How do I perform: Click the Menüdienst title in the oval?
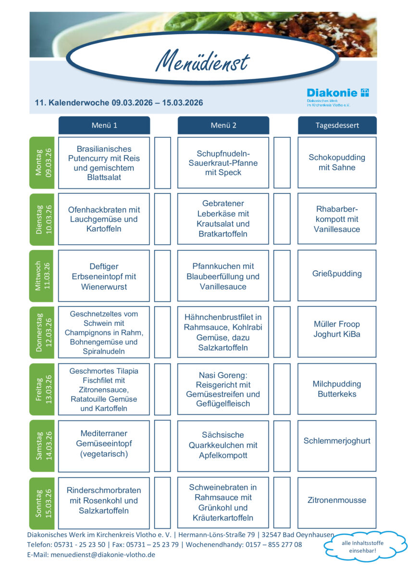coord(202,61)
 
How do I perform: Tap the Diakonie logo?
coord(338,93)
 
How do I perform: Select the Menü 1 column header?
coord(104,125)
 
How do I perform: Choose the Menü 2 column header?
coord(223,125)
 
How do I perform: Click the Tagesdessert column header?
coord(337,125)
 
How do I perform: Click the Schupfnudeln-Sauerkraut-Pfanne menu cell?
coord(223,163)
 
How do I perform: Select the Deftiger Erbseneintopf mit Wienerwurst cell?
coord(104,276)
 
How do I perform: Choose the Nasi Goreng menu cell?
coord(223,389)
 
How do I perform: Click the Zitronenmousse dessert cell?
coord(337,500)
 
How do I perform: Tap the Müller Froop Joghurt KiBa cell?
coord(337,329)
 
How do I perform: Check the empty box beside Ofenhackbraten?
coord(162,219)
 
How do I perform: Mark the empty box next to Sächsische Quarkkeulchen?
coord(282,446)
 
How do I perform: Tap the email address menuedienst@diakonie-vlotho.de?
coord(111,554)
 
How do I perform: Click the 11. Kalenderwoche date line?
coord(119,103)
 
